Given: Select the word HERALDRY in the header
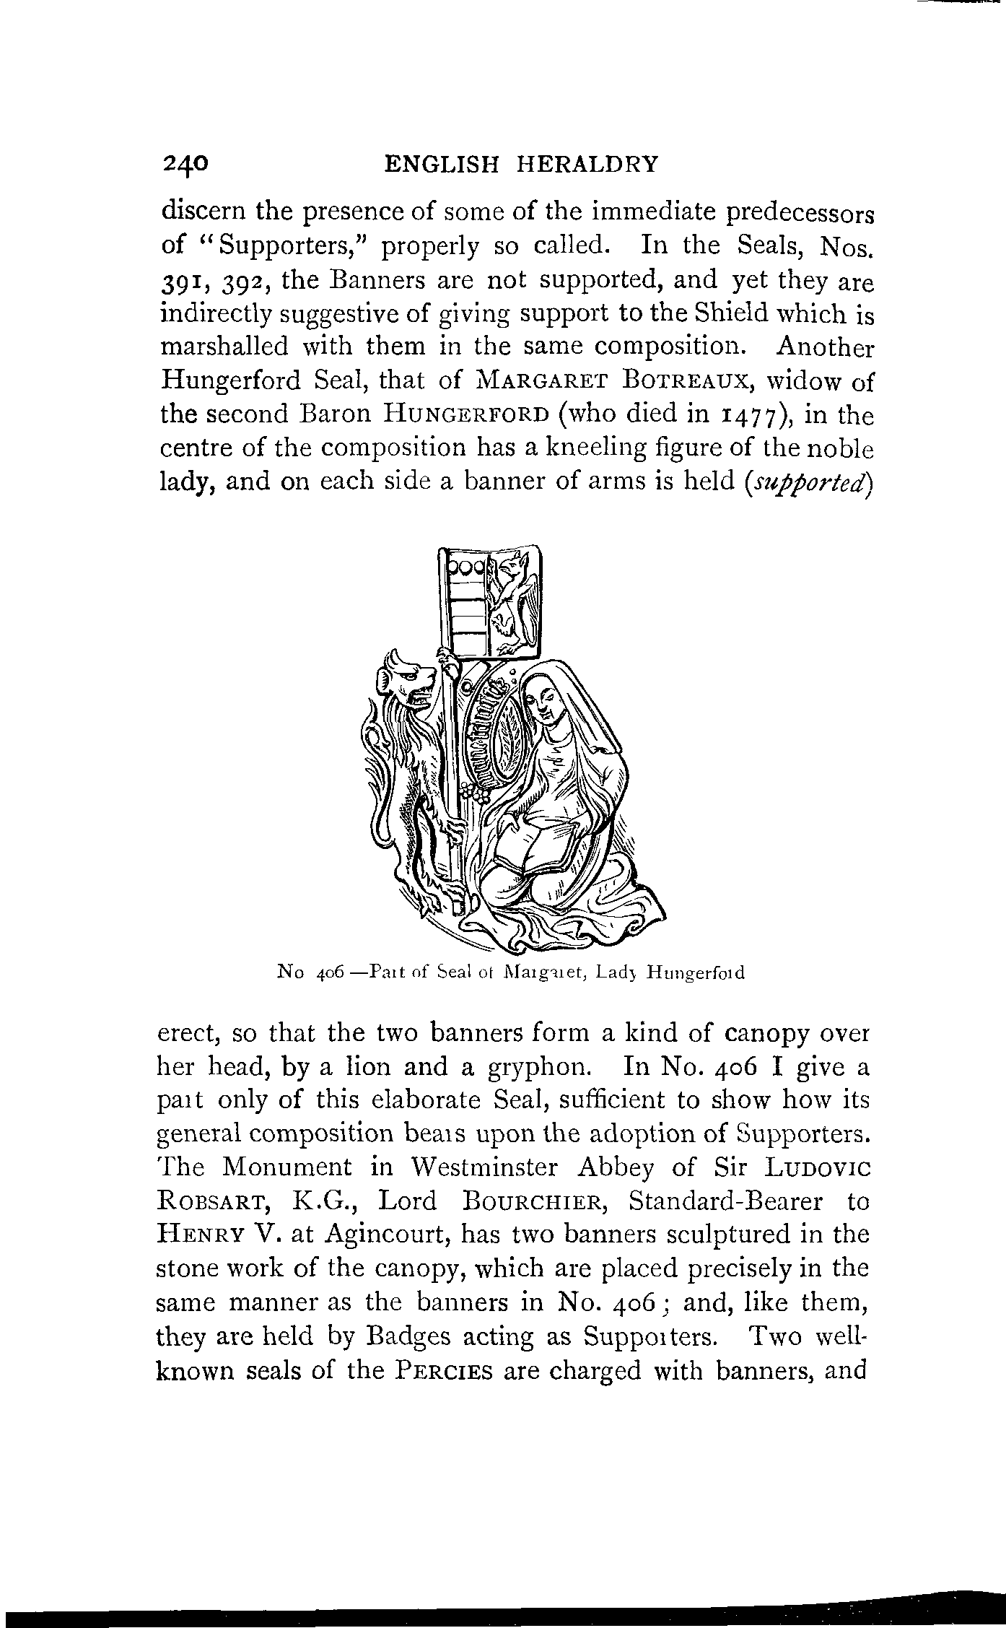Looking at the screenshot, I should point(586,164).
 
